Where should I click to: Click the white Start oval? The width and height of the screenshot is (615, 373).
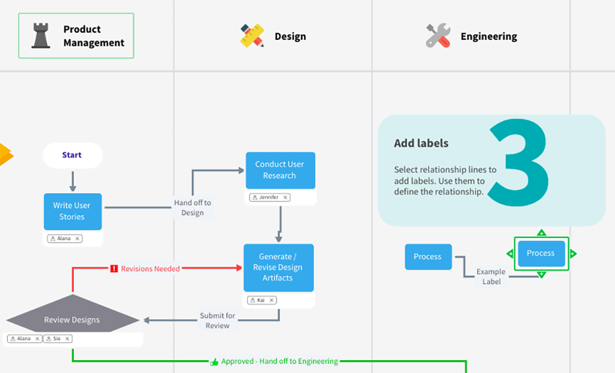73,155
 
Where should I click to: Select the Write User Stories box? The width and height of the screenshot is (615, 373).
73,211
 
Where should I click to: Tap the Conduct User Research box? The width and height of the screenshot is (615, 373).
281,170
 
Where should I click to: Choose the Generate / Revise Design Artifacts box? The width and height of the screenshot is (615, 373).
278,268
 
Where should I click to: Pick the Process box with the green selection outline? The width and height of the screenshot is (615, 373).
541,254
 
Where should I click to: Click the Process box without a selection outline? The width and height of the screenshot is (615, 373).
428,257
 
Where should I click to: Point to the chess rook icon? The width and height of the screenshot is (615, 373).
41,35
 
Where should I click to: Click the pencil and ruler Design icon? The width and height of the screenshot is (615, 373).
252,36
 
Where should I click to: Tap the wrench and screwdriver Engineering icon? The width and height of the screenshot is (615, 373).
438,35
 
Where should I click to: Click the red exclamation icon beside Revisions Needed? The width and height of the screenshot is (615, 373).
114,269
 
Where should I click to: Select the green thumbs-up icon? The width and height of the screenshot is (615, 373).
214,362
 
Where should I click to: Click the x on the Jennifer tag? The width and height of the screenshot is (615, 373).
285,197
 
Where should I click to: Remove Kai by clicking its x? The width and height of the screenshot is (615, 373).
271,300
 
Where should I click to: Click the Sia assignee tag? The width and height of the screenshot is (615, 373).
57,338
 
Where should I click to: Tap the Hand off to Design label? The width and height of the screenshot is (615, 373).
193,207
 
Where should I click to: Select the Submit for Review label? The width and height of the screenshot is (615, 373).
217,320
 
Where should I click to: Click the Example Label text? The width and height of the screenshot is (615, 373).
491,276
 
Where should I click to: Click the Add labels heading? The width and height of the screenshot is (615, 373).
421,143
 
